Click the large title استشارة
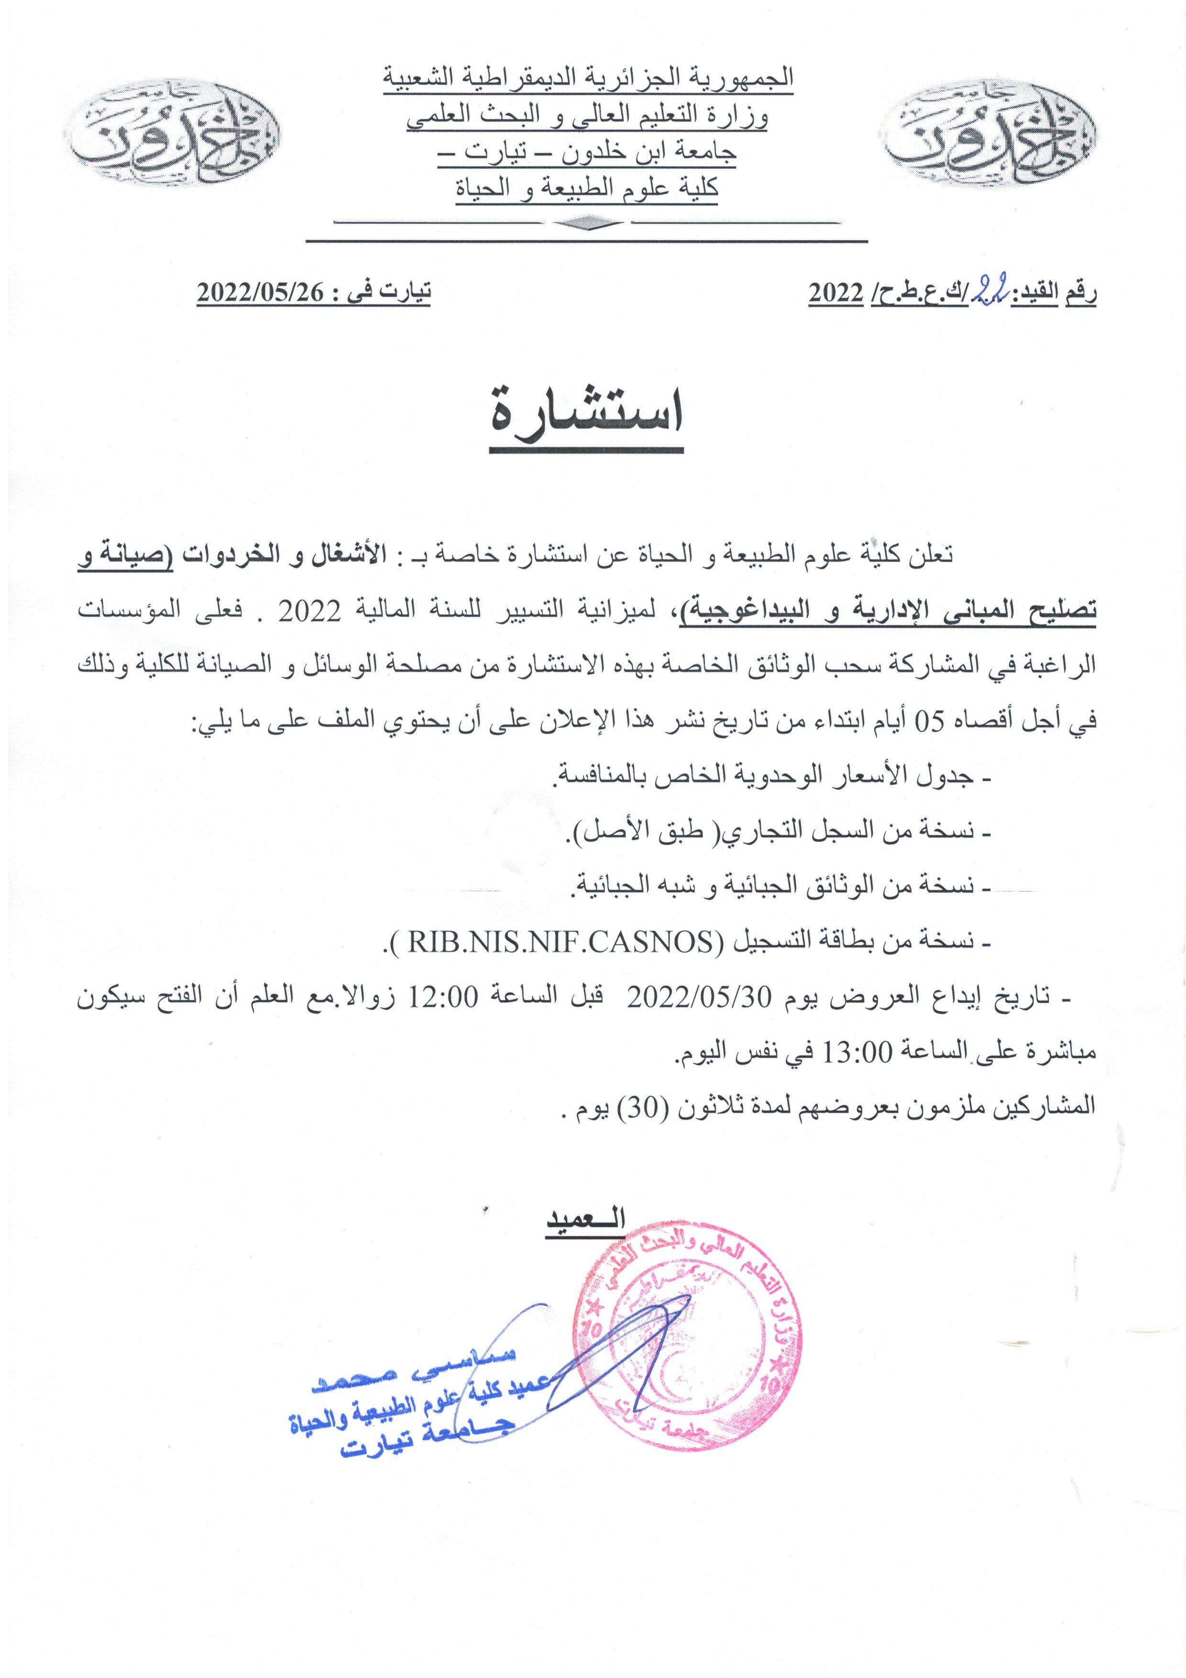[587, 417]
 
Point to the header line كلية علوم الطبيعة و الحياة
[587, 188]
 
